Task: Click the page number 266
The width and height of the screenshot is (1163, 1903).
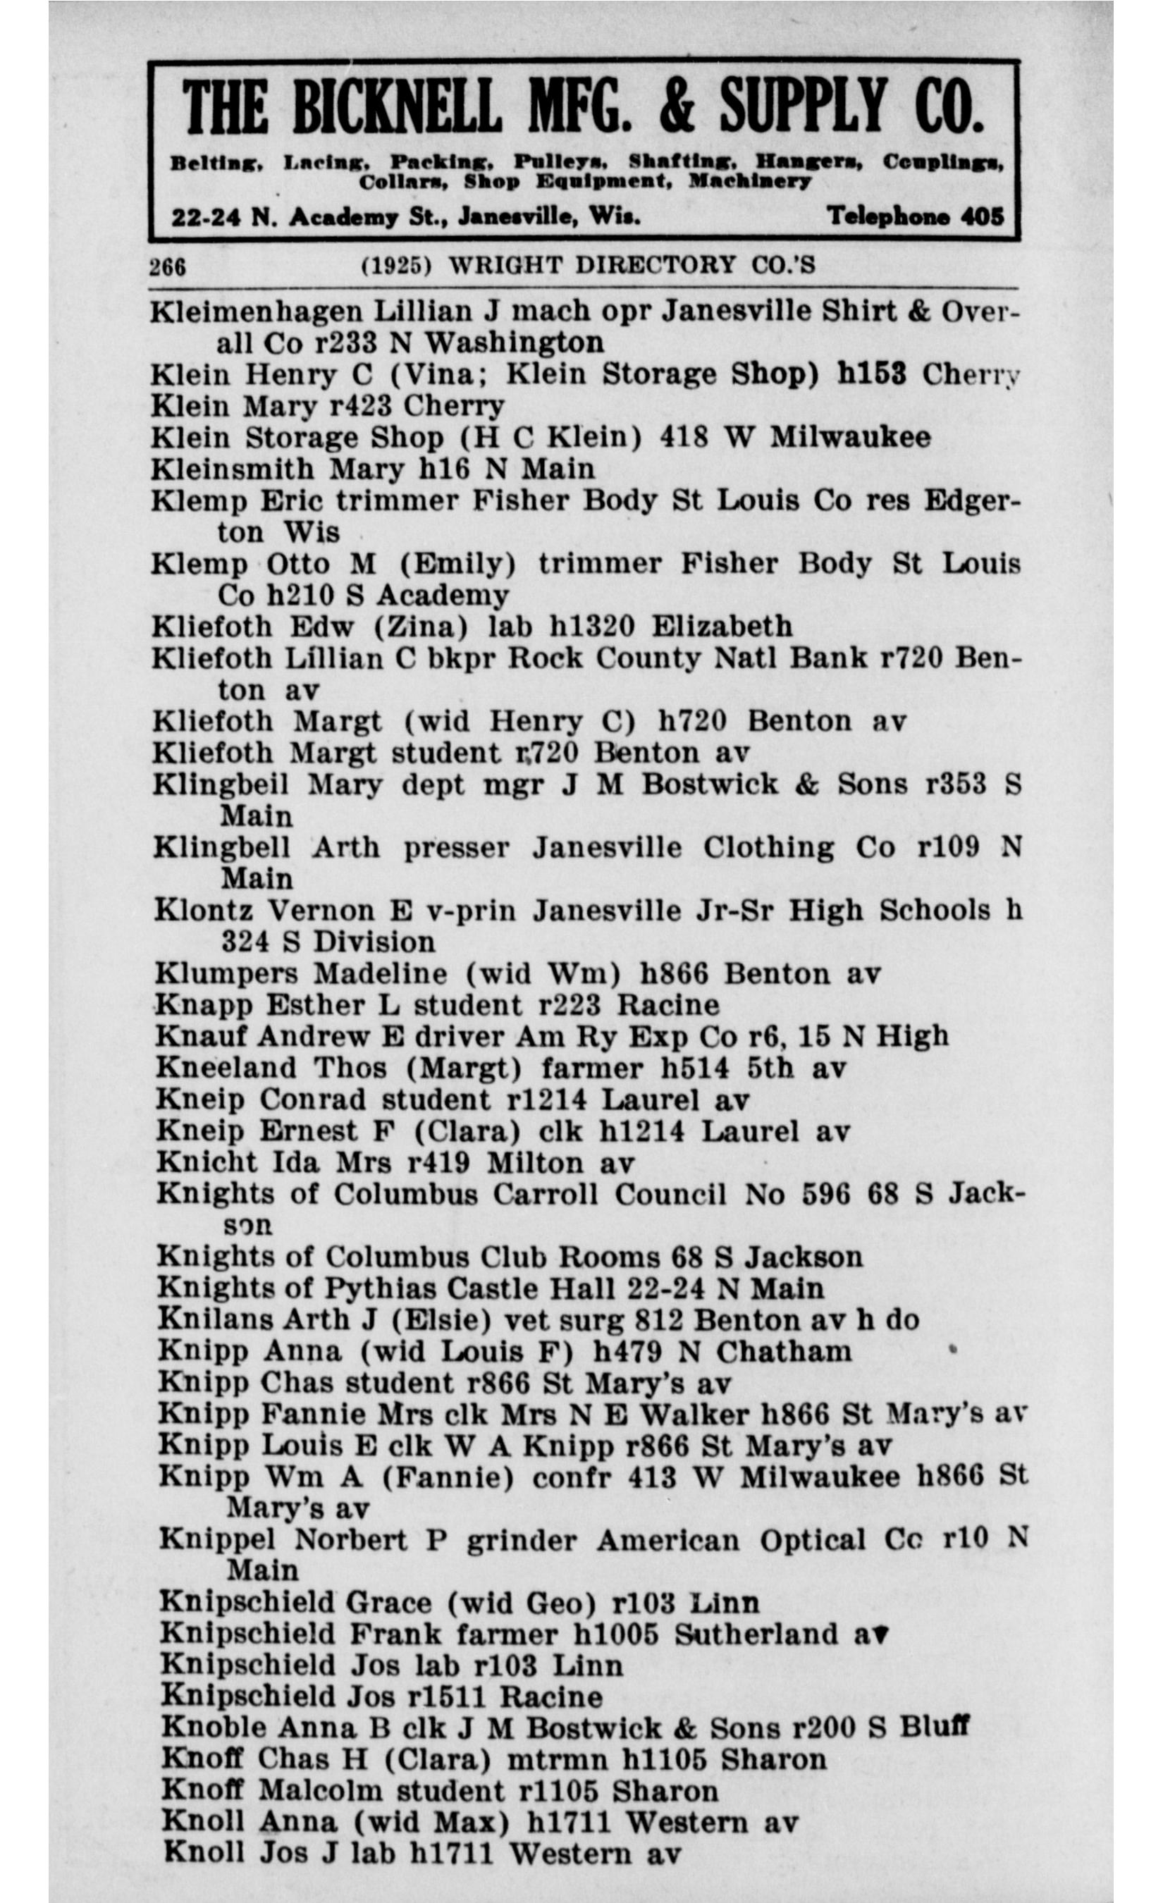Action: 168,266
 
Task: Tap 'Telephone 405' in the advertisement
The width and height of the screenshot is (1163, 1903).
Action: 915,216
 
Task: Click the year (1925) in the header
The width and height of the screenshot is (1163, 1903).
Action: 396,266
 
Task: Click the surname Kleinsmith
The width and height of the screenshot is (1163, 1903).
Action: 233,469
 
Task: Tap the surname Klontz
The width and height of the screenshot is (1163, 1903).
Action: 203,911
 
